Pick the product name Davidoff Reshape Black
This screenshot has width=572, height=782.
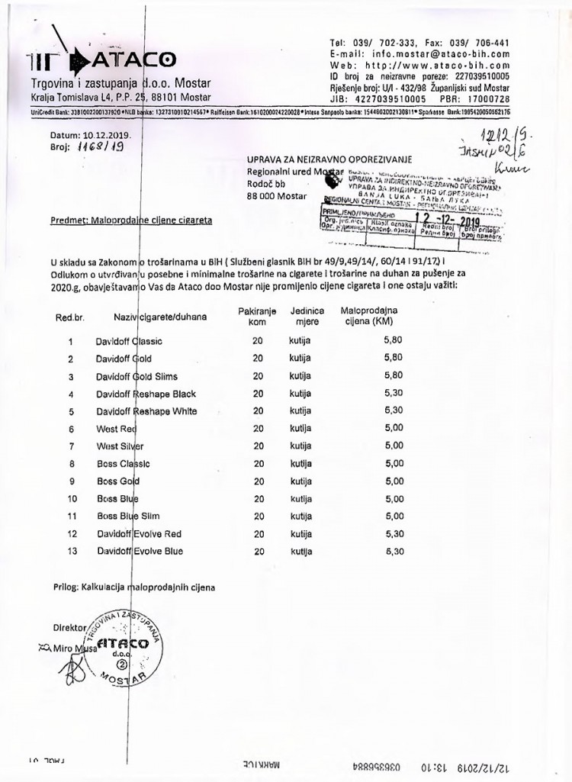tap(146, 394)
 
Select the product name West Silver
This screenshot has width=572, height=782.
tap(120, 446)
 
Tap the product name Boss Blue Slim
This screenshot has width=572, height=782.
tap(128, 517)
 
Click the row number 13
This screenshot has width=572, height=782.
tap(72, 551)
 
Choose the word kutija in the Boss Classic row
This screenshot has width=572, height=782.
tap(300, 464)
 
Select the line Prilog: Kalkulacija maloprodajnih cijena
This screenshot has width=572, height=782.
tap(133, 587)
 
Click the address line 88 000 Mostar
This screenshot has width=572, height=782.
tap(276, 196)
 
